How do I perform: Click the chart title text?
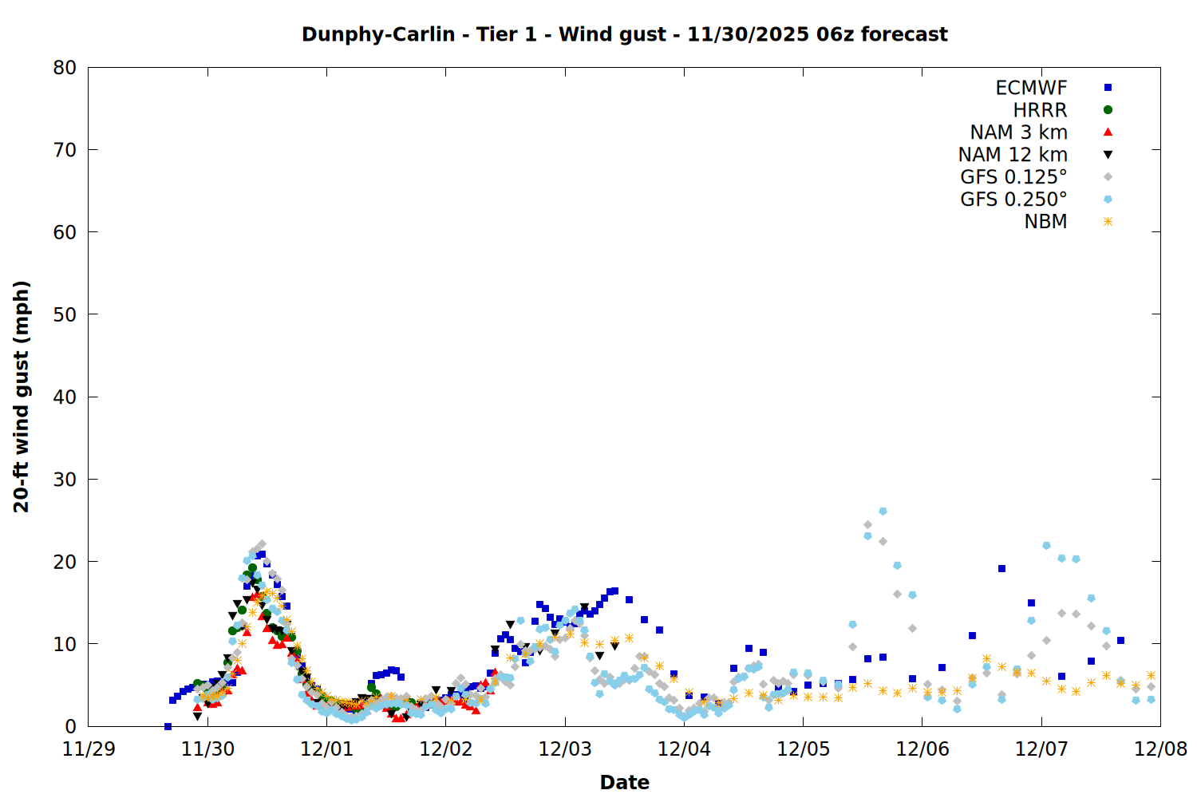coord(624,34)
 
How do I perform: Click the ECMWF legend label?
coord(1031,88)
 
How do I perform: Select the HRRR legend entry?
coord(1040,110)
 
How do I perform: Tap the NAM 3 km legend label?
coord(1018,132)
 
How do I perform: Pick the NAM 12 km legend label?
coord(1013,155)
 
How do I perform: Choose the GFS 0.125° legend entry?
coord(1013,177)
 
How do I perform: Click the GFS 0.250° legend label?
coord(1013,199)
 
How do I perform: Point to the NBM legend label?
coord(1045,222)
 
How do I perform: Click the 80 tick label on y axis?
coord(65,68)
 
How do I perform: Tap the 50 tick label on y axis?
coord(65,314)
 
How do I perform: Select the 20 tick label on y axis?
coord(65,561)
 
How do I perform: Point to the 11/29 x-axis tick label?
coord(89,749)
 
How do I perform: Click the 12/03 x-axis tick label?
coord(565,749)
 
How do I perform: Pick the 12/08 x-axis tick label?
coord(1160,749)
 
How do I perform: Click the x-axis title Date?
coord(624,782)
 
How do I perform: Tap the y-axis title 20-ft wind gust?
coord(22,397)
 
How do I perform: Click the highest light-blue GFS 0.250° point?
coord(883,511)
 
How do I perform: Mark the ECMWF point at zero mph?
coord(168,726)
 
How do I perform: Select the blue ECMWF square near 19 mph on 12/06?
coord(1001,569)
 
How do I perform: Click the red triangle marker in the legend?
coord(1108,132)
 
